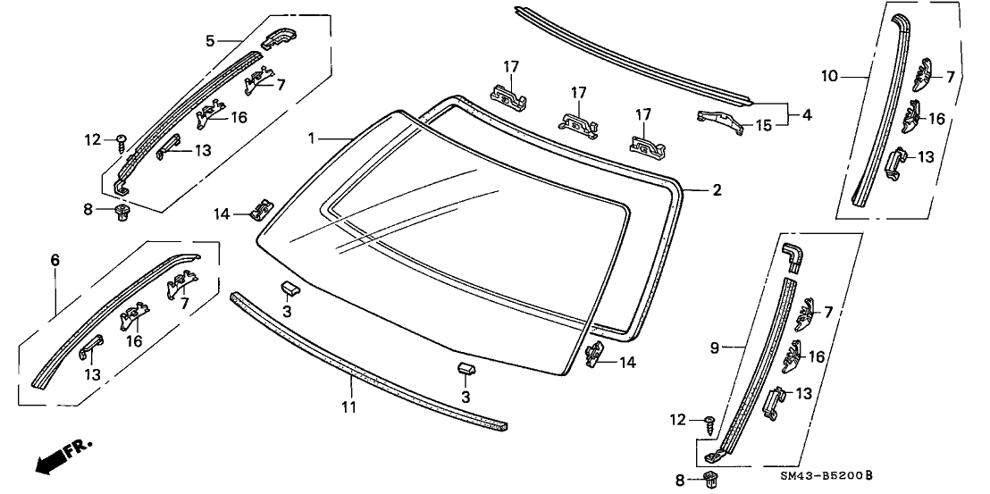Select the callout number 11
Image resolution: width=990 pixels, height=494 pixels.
(349, 407)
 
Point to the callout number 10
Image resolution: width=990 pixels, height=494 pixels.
(830, 77)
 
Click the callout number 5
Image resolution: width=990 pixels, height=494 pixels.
(210, 40)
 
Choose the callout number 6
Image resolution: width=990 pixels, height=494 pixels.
(55, 260)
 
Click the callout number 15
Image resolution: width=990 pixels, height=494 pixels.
(762, 126)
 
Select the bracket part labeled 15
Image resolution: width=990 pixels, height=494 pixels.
(721, 121)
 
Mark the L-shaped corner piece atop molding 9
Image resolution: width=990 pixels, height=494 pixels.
(792, 255)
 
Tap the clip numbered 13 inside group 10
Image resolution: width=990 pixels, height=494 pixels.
(895, 162)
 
